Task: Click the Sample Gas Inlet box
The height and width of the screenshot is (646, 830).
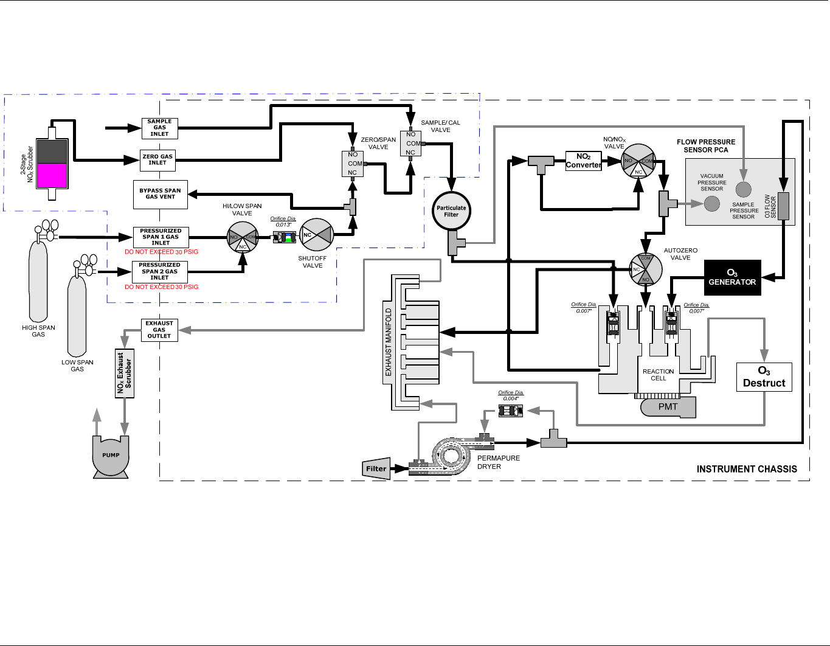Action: (159, 128)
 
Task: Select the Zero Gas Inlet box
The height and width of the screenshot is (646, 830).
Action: (158, 160)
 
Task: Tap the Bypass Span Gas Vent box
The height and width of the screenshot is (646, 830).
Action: (160, 194)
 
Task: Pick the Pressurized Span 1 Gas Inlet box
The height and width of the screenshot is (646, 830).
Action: (161, 237)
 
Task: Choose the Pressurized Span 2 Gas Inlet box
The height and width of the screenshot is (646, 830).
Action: (159, 271)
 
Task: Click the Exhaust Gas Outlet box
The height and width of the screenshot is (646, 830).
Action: (159, 330)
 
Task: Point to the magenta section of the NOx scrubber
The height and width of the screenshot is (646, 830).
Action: (52, 175)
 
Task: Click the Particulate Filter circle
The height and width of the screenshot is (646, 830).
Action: (451, 211)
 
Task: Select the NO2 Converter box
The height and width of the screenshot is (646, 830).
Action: (584, 161)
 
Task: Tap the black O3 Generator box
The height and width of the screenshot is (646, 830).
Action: (732, 278)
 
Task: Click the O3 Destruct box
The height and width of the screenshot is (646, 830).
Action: (764, 377)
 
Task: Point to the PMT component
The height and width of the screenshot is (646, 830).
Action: (668, 408)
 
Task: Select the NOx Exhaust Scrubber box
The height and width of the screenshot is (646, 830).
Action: (125, 373)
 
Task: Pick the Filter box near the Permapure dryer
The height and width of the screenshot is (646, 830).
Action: (376, 468)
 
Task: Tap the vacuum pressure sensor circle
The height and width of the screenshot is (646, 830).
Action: (712, 204)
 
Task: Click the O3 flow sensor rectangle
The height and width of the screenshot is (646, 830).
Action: (783, 206)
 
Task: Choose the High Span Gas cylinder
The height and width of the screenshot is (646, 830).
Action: (38, 280)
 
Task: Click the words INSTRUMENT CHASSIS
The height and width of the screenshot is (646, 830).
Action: (747, 469)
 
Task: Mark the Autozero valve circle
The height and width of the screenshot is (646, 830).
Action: (646, 269)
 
